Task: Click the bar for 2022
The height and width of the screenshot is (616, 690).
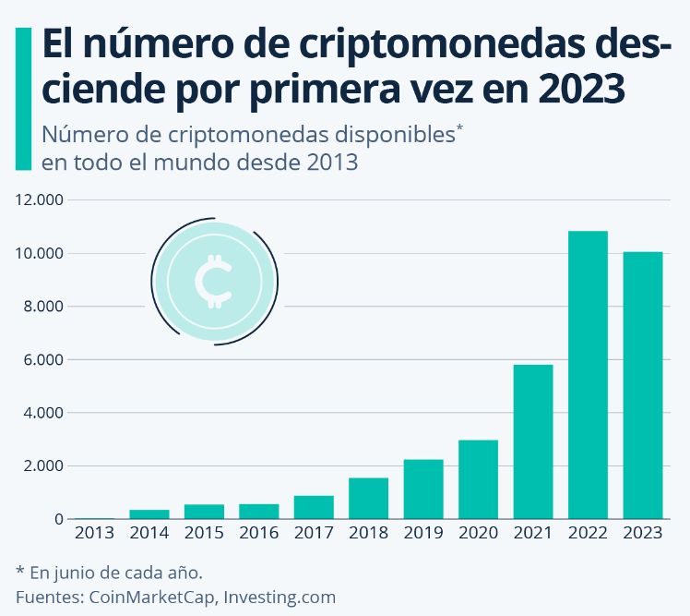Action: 588,375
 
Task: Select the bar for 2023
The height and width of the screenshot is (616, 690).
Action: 643,385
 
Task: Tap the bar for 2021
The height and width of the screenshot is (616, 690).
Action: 533,441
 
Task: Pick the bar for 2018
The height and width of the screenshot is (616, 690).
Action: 368,498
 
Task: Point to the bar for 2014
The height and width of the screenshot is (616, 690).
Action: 149,513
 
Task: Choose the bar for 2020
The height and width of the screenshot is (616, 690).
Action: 478,479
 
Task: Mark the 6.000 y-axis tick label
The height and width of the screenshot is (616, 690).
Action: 40,359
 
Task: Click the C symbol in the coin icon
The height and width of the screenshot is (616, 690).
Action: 214,281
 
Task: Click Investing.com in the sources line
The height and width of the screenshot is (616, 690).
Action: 280,597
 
